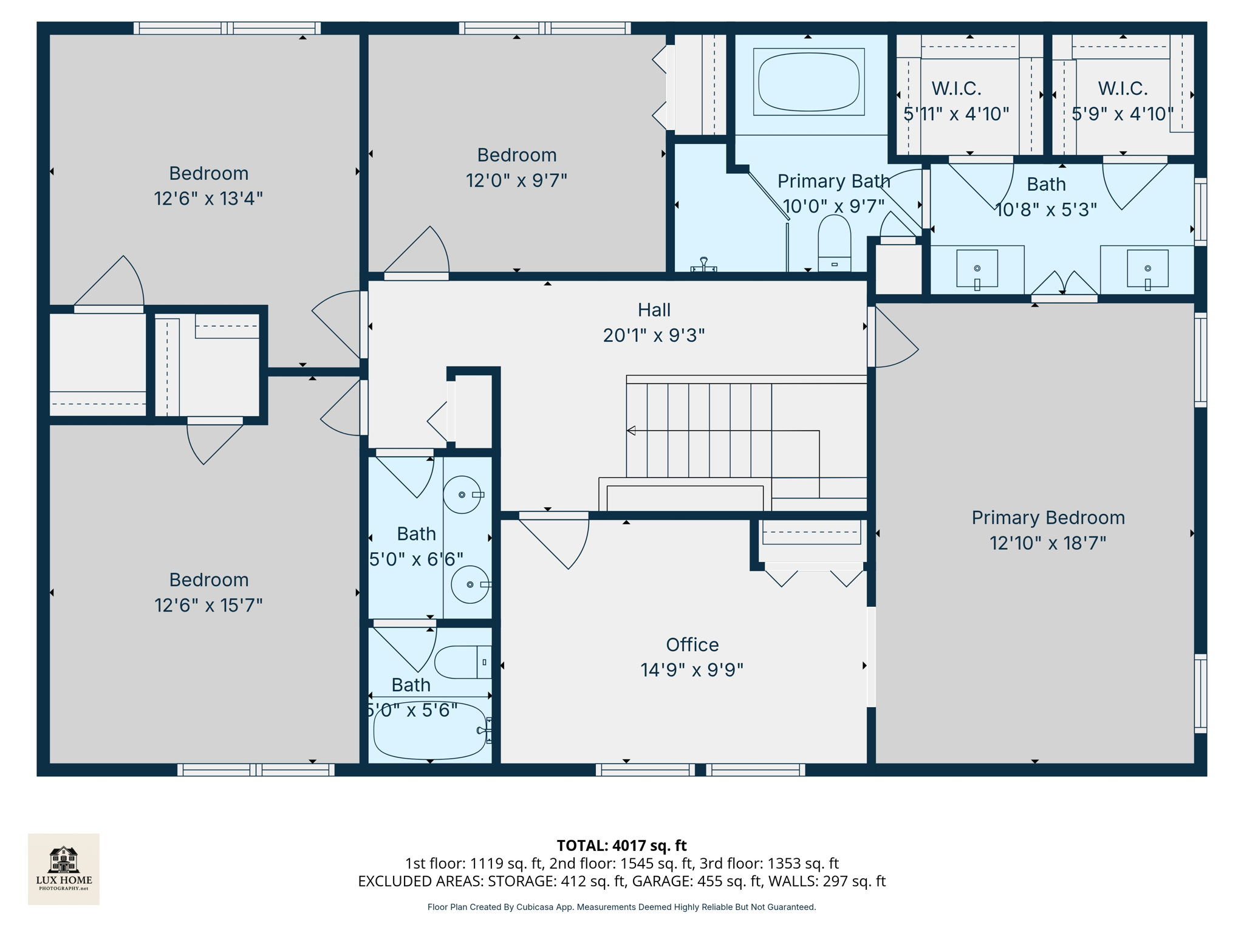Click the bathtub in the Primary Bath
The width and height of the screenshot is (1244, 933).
click(x=808, y=82)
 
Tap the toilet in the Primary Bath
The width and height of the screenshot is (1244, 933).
click(x=834, y=243)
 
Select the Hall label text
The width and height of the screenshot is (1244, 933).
click(x=654, y=310)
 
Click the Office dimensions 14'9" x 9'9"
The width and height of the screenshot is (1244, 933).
click(x=692, y=670)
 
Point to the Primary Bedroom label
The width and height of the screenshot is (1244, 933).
click(x=1048, y=518)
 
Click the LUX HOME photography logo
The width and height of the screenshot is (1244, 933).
click(x=64, y=869)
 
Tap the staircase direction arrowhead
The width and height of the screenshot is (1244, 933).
click(x=631, y=431)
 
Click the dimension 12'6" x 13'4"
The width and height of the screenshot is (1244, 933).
click(x=208, y=199)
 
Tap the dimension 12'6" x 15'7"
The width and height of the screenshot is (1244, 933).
click(x=208, y=605)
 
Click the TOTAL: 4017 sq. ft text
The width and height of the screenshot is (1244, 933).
click(x=621, y=846)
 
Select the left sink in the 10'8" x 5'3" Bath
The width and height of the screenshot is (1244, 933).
click(x=977, y=268)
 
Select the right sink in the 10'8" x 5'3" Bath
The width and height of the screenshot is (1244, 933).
click(x=1147, y=268)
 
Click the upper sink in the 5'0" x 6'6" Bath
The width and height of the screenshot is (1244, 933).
click(x=462, y=494)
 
